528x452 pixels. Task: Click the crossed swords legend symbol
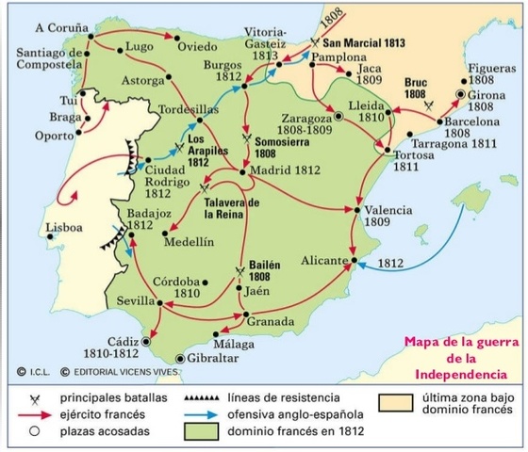pyautogui.click(x=34, y=399)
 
